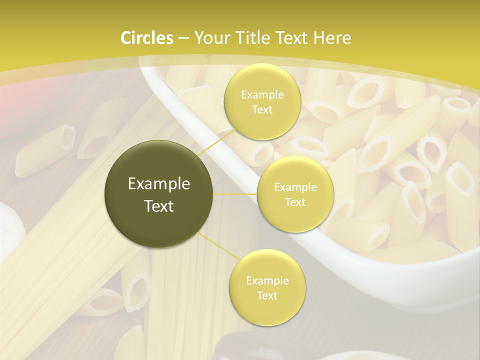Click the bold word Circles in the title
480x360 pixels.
147,38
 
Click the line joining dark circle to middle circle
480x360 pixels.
235,194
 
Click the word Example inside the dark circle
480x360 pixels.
159,184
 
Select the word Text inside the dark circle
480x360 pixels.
159,206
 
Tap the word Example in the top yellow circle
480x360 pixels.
262,94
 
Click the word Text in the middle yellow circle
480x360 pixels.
295,202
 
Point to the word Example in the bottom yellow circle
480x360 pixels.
267,280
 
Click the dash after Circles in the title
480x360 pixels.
183,38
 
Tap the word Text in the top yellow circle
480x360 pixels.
262,109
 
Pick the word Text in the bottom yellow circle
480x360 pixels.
267,295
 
